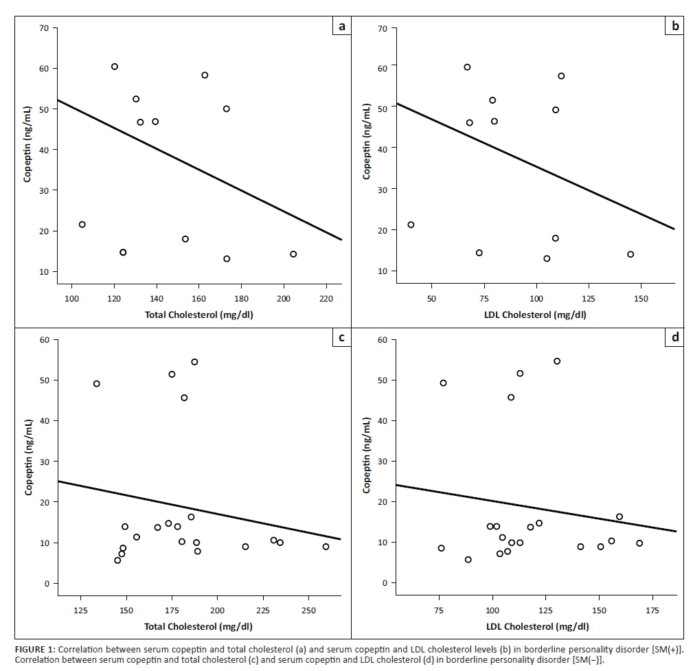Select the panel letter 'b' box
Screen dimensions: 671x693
675,27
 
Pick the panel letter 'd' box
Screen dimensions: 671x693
675,337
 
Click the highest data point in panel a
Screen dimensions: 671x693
115,67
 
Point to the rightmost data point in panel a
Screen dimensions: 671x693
293,254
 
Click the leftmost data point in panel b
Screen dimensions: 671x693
411,225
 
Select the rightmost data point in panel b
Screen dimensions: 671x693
630,254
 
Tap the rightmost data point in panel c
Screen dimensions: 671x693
326,547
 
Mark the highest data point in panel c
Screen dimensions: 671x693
194,362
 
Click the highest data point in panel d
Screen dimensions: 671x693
557,361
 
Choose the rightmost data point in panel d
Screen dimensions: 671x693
639,543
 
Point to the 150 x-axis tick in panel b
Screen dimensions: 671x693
640,299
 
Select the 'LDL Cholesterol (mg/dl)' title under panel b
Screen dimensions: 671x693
537,315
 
